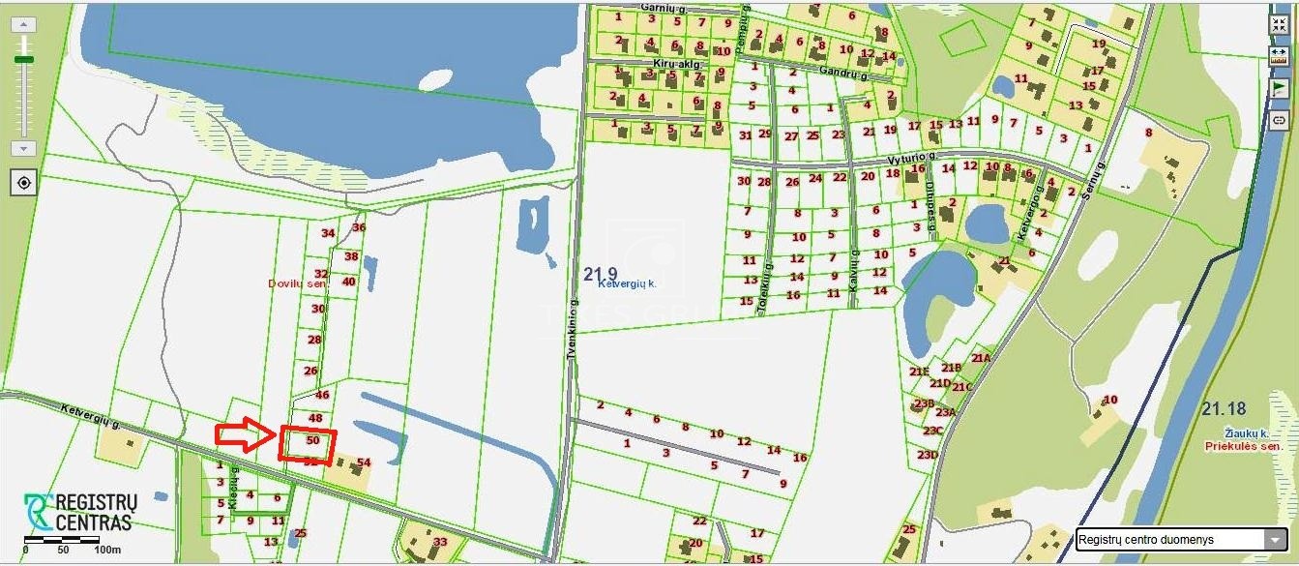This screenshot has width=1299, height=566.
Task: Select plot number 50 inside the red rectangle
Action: pos(312,440)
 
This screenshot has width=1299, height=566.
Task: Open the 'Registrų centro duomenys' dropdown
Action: pos(1181,540)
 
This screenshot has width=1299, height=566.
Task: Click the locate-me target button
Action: pos(24,182)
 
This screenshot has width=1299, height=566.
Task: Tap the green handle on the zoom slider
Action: pos(24,60)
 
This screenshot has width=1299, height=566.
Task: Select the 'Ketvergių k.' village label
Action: pos(627,284)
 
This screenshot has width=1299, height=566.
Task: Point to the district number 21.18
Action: pos(1224,409)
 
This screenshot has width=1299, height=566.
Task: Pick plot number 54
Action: pos(364,462)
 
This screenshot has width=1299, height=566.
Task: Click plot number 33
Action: pos(440,541)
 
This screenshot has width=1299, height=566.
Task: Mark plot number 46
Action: pos(322,395)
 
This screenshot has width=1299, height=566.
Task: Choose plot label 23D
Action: pos(928,455)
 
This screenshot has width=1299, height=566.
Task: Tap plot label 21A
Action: pos(981,358)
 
